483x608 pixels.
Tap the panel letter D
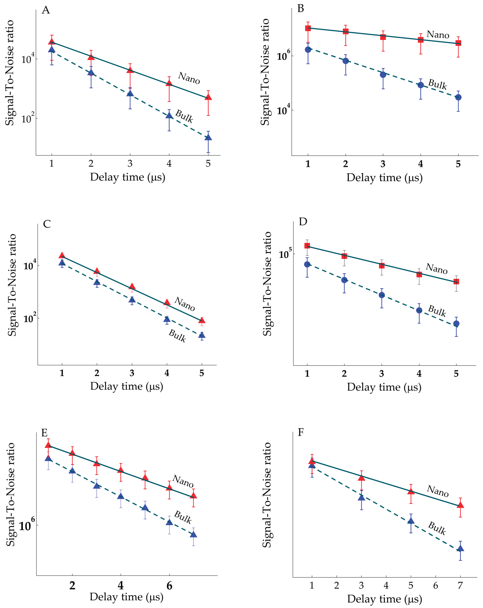303,222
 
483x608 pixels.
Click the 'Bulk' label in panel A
184,116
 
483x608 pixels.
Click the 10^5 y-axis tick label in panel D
285,254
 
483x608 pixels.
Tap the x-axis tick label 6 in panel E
169,586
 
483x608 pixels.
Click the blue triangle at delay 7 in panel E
193,534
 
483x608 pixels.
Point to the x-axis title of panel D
384,387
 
